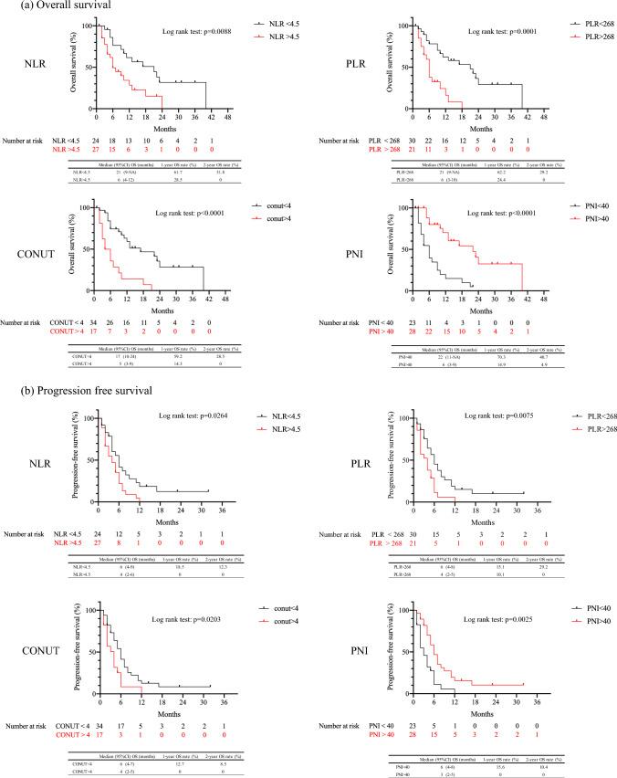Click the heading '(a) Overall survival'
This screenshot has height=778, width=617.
tap(41, 6)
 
